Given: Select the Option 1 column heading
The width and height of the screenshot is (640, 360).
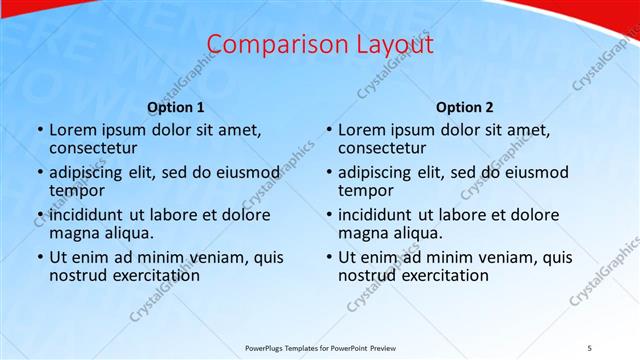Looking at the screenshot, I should click(175, 107).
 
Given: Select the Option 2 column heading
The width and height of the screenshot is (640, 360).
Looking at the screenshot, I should click(465, 107).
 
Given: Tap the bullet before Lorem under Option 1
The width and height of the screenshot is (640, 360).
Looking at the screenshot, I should click(39, 130).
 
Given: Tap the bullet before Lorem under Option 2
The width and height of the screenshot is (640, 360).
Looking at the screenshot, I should click(328, 130).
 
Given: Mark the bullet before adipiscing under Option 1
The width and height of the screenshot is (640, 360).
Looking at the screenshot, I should click(39, 173).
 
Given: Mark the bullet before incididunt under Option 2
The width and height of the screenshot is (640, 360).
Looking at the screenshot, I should click(328, 215).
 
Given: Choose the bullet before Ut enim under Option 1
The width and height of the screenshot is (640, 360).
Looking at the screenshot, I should click(39, 257).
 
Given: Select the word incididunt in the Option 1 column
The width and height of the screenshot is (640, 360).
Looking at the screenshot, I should click(88, 215).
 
